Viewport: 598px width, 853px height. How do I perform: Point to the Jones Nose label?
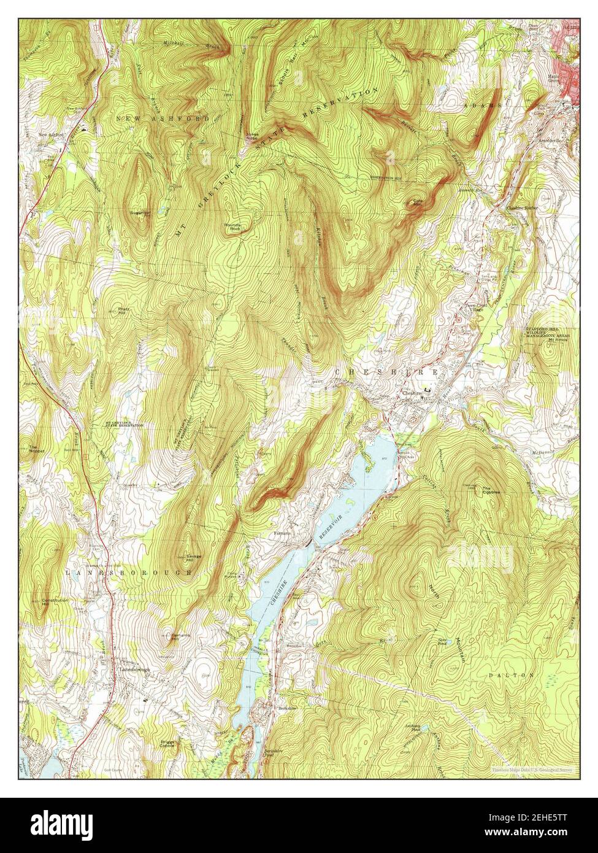pyautogui.click(x=251, y=136)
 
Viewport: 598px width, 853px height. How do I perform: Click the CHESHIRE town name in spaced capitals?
pyautogui.click(x=386, y=372)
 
